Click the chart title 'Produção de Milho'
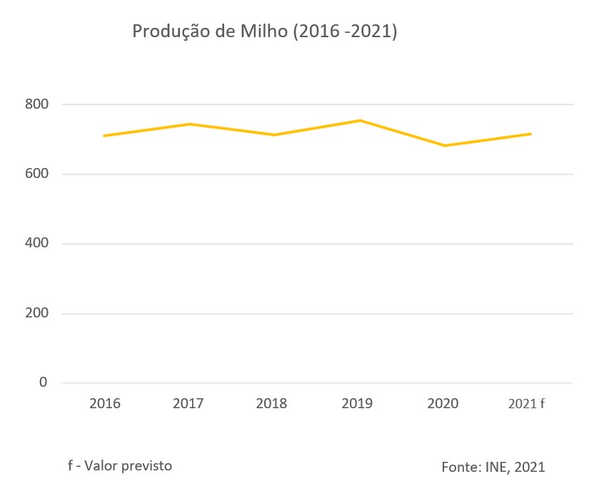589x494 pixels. tap(264, 32)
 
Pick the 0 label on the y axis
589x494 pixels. tap(43, 382)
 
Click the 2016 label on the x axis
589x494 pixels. tap(105, 404)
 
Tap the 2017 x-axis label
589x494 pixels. tap(188, 404)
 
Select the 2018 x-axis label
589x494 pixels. tap(271, 404)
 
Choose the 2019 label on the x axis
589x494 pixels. tap(357, 404)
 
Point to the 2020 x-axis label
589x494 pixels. tap(443, 404)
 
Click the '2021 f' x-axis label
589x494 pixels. tap(526, 404)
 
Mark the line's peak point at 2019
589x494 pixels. tap(361, 120)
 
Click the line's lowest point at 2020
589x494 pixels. tap(445, 146)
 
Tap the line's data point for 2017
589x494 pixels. tap(189, 124)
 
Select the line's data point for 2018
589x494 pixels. tap(275, 134)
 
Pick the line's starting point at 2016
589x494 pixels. tap(104, 135)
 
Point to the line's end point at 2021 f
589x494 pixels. tap(530, 134)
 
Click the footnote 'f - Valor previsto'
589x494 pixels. tap(120, 465)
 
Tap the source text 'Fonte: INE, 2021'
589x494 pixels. tap(493, 468)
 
